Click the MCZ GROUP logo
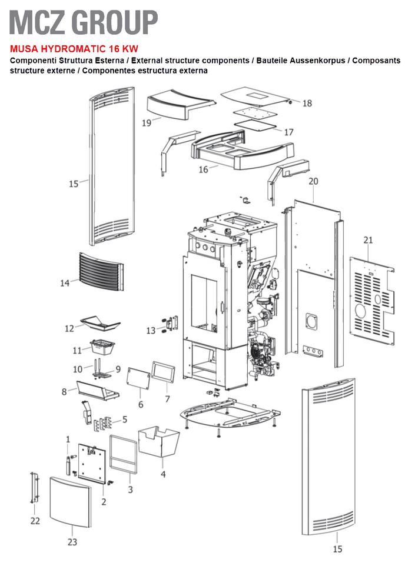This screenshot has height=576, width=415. [84, 22]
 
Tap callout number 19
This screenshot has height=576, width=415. [147, 123]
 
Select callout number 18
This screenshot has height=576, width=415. [307, 104]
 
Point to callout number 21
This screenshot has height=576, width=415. [368, 240]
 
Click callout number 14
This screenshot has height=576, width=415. [65, 283]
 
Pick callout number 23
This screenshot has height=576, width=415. [72, 542]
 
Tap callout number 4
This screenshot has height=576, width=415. [163, 474]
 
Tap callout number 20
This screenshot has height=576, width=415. [313, 181]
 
